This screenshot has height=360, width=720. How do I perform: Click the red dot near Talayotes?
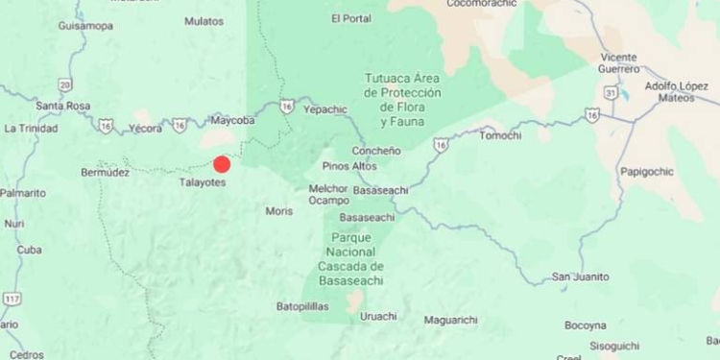pyautogui.click(x=222, y=164)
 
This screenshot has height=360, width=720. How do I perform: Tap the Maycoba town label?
pyautogui.click(x=233, y=121)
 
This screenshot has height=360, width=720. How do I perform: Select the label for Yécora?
pyautogui.click(x=145, y=127)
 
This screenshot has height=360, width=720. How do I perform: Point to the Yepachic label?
pyautogui.click(x=324, y=109)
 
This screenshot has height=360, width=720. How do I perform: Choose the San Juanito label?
pyautogui.click(x=580, y=276)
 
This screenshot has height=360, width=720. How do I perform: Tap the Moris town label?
pyautogui.click(x=279, y=210)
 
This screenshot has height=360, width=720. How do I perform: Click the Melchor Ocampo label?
pyautogui.click(x=327, y=195)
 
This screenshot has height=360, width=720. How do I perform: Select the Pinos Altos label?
pyautogui.click(x=349, y=166)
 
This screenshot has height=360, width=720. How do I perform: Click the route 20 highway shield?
pyautogui.click(x=64, y=84)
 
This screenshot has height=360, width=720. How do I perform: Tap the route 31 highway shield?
pyautogui.click(x=611, y=91)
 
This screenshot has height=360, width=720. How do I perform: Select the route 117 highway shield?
pyautogui.click(x=12, y=300)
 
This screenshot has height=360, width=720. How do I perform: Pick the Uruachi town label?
pyautogui.click(x=378, y=316)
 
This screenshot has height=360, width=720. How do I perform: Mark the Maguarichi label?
pyautogui.click(x=450, y=320)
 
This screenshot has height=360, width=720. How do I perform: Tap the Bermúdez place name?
pyautogui.click(x=105, y=173)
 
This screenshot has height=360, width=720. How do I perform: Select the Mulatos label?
pyautogui.click(x=204, y=20)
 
